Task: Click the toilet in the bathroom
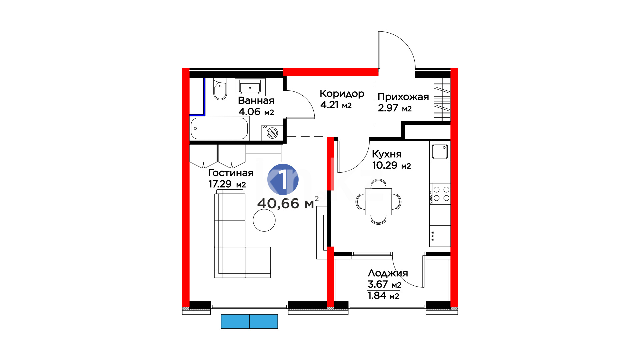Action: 220,89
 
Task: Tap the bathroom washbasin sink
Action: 250,87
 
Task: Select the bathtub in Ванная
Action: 219,128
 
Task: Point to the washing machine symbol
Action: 272,133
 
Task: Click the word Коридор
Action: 342,94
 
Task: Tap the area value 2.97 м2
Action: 395,108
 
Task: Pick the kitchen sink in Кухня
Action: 440,151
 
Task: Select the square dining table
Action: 378,202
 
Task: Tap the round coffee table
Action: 264,220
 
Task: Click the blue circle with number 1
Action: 283,179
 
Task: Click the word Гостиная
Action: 231,173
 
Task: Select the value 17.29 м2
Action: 227,184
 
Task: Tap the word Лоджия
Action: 388,273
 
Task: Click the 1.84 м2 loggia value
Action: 383,296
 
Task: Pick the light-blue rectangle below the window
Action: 249,321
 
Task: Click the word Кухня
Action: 387,154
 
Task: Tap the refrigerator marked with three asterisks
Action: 440,236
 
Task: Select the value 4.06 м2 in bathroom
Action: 256,112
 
